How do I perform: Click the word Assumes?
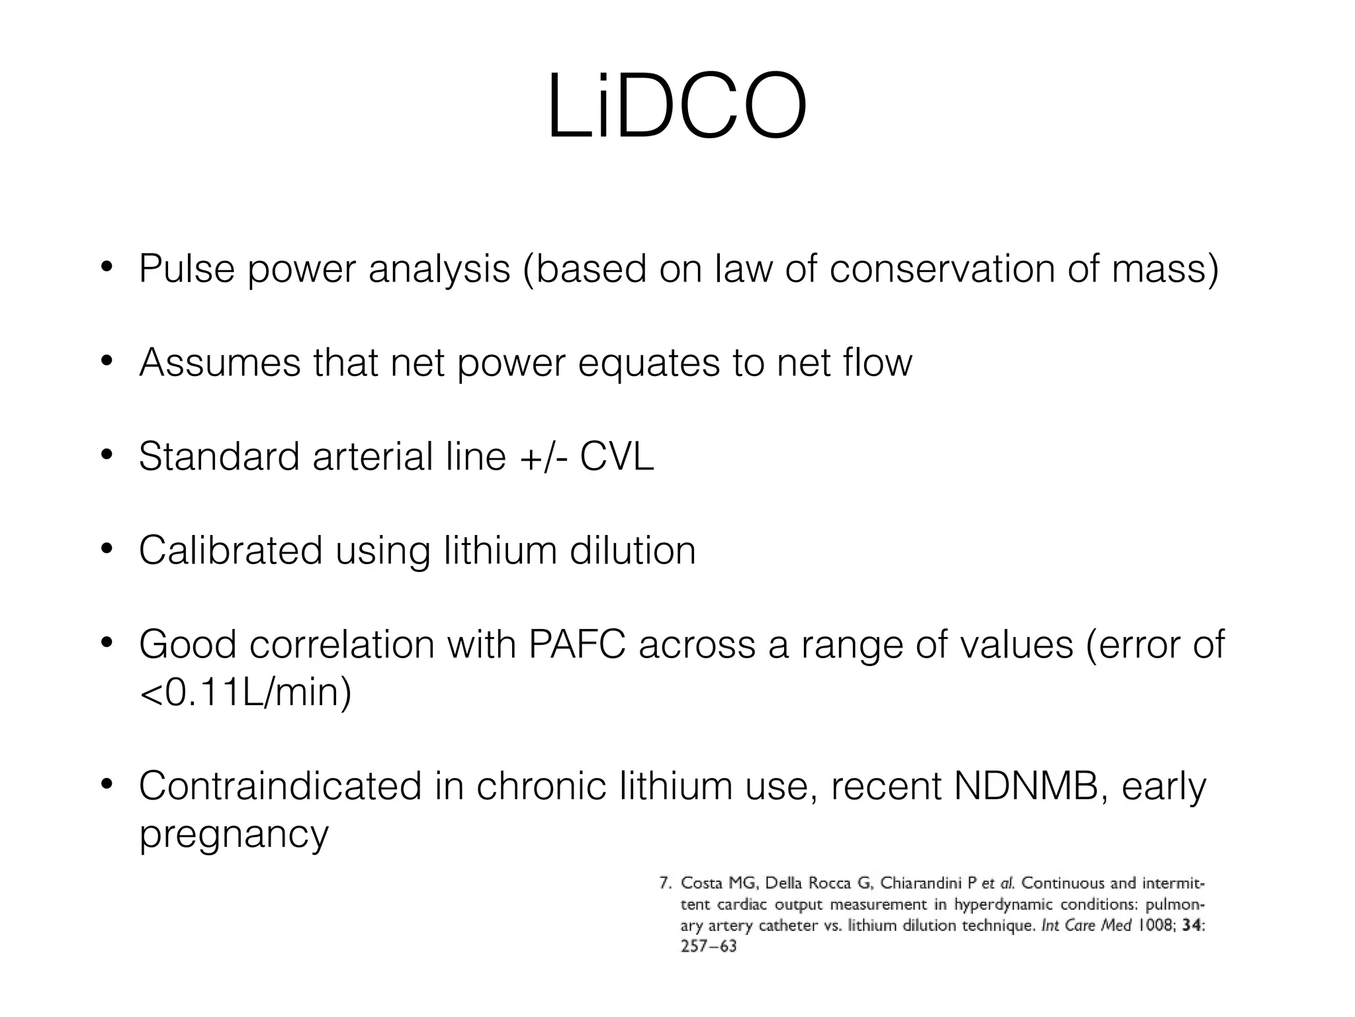tap(220, 363)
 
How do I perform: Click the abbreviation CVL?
tap(617, 457)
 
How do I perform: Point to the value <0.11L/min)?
tap(245, 693)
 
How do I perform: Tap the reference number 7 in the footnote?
tap(665, 883)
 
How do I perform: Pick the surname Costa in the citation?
tap(702, 883)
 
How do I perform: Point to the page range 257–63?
tap(709, 947)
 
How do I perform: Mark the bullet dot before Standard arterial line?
tap(106, 457)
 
